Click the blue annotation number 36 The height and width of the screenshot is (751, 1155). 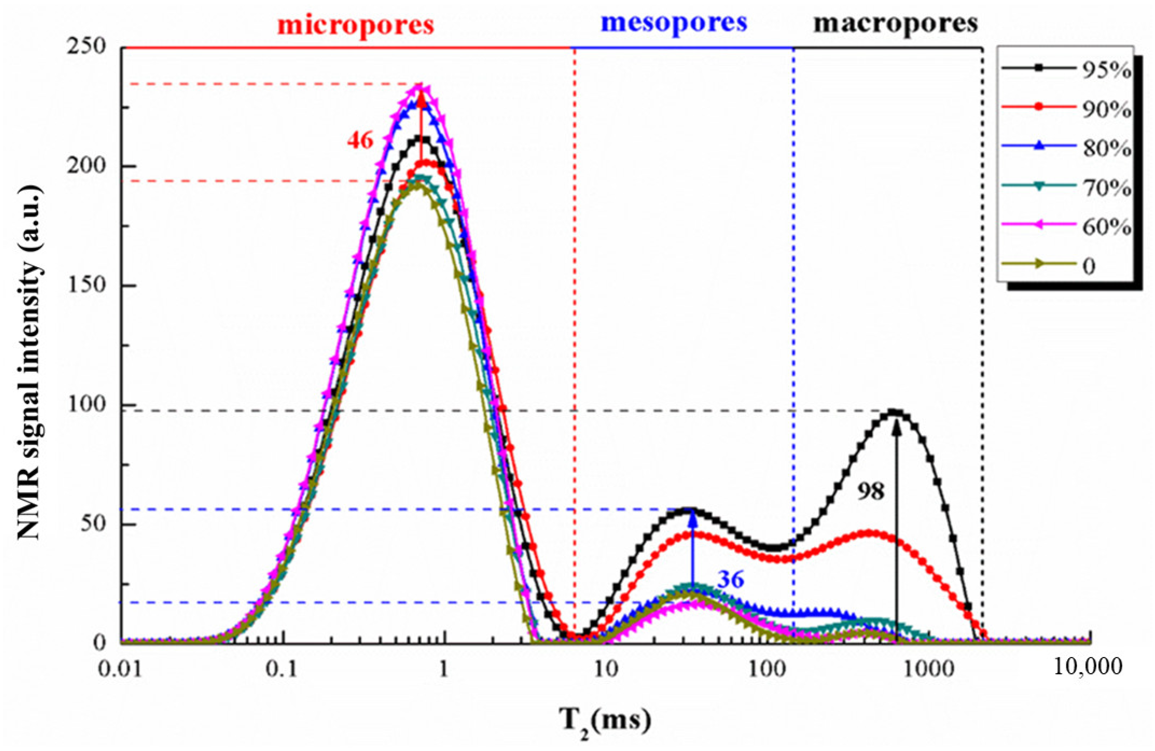pyautogui.click(x=730, y=580)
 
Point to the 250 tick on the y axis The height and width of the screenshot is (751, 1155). pyautogui.click(x=93, y=48)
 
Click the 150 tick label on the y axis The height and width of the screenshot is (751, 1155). pyautogui.click(x=93, y=285)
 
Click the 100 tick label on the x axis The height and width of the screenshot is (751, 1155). pyautogui.click(x=768, y=670)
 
